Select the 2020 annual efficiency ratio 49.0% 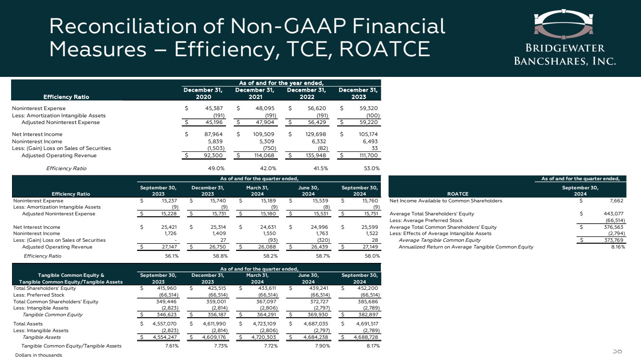click(215, 169)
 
